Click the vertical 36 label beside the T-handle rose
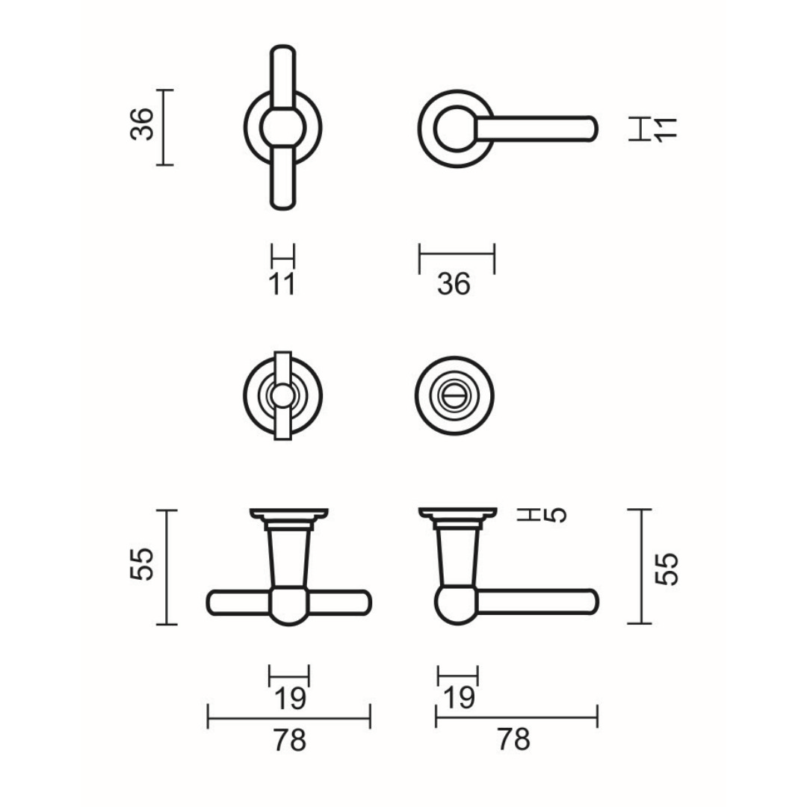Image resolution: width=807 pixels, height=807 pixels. (x=142, y=125)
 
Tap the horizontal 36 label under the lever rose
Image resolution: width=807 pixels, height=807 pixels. (x=454, y=284)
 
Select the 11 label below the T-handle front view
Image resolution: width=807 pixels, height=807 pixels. (x=282, y=284)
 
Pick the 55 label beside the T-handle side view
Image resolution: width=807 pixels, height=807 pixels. (x=142, y=564)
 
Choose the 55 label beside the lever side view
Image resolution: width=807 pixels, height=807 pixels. (x=667, y=569)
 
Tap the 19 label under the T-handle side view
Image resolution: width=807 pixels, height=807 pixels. (x=290, y=699)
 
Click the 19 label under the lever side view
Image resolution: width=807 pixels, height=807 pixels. (x=458, y=699)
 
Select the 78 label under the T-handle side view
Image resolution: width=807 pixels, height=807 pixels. (x=289, y=740)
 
